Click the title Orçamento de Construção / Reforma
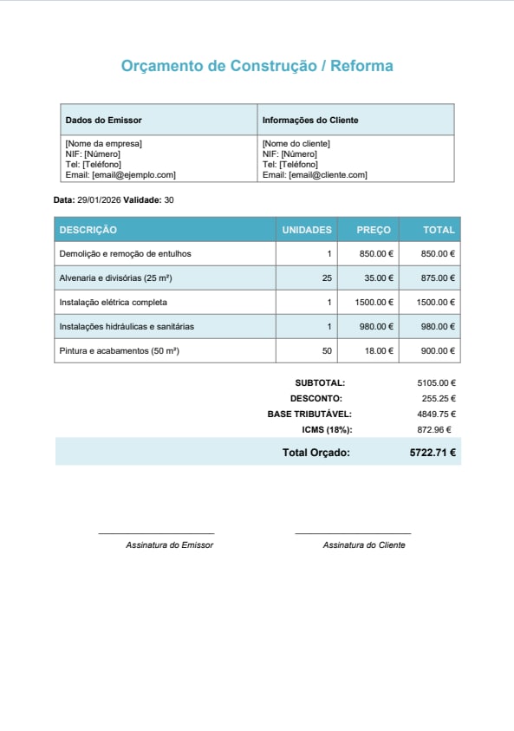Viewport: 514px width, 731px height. pyautogui.click(x=257, y=66)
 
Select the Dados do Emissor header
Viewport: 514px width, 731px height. pyautogui.click(x=103, y=121)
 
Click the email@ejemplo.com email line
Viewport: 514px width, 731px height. pyautogui.click(x=120, y=174)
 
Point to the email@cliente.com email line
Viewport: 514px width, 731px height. pyautogui.click(x=315, y=174)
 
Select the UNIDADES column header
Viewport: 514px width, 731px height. pyautogui.click(x=307, y=230)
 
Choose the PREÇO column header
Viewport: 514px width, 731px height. pyautogui.click(x=374, y=230)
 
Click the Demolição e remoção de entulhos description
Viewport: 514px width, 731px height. pyautogui.click(x=125, y=254)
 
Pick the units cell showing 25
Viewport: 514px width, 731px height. pyautogui.click(x=326, y=278)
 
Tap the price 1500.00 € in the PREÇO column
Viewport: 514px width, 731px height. pyautogui.click(x=374, y=303)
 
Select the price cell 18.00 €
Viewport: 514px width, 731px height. pyautogui.click(x=378, y=351)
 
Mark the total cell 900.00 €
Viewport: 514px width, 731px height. pyautogui.click(x=438, y=351)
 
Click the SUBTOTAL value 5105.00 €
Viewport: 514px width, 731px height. pyautogui.click(x=436, y=382)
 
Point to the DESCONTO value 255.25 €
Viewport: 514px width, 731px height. pyautogui.click(x=439, y=398)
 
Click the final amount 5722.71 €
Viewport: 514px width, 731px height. pyautogui.click(x=433, y=452)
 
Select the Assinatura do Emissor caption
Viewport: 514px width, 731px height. pyautogui.click(x=169, y=545)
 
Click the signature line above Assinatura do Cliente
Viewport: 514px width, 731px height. pyautogui.click(x=353, y=533)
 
